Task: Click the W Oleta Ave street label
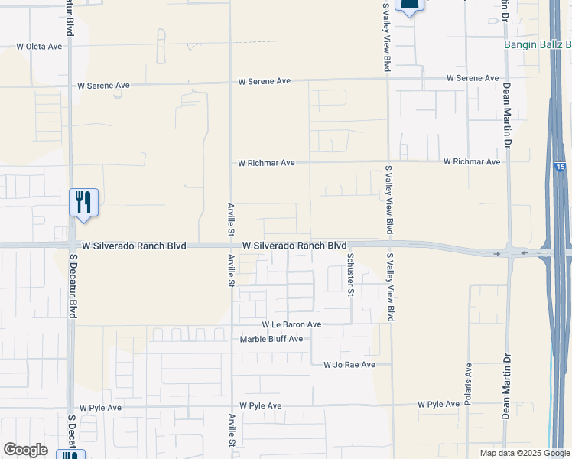pos(39,47)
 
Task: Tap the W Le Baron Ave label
pos(291,324)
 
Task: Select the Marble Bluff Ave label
pos(271,339)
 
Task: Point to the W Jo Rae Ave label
pos(349,366)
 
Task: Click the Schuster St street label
pos(351,274)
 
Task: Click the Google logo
pos(25,450)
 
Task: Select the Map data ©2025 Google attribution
pos(525,453)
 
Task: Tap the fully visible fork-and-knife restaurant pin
pos(84,203)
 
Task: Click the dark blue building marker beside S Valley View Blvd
pos(410,6)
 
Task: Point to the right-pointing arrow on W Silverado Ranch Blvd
pos(498,253)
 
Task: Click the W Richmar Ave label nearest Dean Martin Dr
pos(472,162)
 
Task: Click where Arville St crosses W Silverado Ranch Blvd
pos(231,246)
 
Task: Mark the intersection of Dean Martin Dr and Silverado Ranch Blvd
pos(507,253)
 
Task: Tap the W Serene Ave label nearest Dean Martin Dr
pos(473,78)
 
